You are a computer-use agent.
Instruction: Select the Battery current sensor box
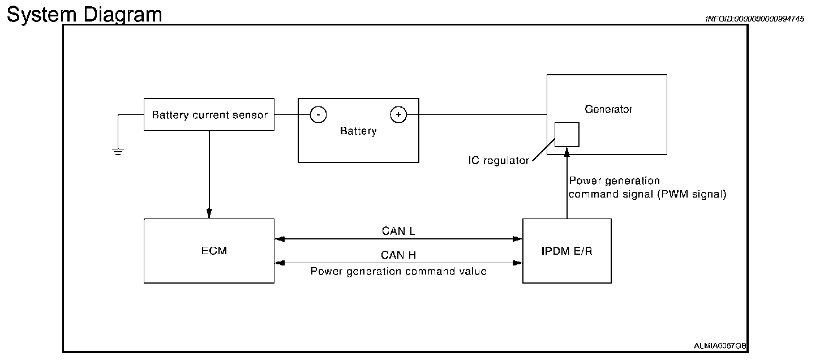209,115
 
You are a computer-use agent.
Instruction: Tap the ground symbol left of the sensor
118,151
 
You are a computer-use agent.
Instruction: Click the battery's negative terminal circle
318,115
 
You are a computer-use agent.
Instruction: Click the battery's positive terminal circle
398,115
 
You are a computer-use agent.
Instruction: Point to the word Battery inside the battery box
358,131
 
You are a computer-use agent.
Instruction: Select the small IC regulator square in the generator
566,134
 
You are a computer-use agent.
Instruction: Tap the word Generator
609,109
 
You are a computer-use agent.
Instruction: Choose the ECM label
214,251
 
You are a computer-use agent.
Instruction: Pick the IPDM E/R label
566,251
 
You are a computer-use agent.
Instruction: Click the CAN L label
398,231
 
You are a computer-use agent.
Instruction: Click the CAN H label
398,255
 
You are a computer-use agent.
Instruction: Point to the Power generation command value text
398,271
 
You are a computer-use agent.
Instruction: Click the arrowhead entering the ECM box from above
209,214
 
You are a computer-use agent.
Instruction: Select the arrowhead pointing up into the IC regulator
566,151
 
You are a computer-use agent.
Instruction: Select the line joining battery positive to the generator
481,115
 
